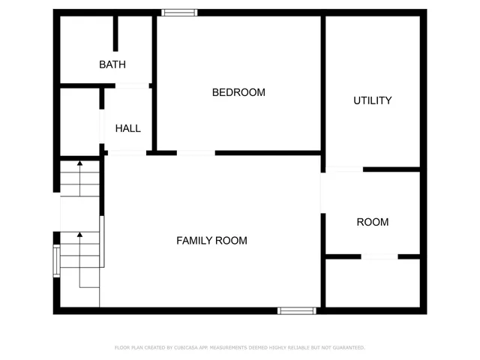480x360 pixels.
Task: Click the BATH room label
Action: click(x=112, y=65)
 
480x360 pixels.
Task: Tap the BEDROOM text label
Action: click(x=238, y=92)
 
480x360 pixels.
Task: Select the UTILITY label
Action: click(x=372, y=100)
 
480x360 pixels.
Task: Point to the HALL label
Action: click(x=127, y=128)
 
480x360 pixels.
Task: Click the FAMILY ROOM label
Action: click(x=211, y=241)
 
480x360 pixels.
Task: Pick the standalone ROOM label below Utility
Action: click(x=372, y=222)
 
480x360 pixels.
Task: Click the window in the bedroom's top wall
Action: click(x=180, y=12)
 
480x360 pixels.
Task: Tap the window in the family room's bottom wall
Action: click(x=297, y=310)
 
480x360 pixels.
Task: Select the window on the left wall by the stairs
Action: click(x=56, y=261)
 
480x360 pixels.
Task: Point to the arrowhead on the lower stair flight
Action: click(x=79, y=235)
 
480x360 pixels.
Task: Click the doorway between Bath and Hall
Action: click(x=132, y=86)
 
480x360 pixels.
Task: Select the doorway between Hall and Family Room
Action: click(x=127, y=153)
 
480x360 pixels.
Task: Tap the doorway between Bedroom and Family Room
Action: click(x=196, y=153)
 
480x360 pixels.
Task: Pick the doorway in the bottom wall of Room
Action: click(x=379, y=257)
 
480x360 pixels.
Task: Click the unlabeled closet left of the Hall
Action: click(x=79, y=121)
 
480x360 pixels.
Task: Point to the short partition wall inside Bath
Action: click(x=115, y=34)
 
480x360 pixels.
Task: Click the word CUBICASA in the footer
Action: click(x=184, y=347)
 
